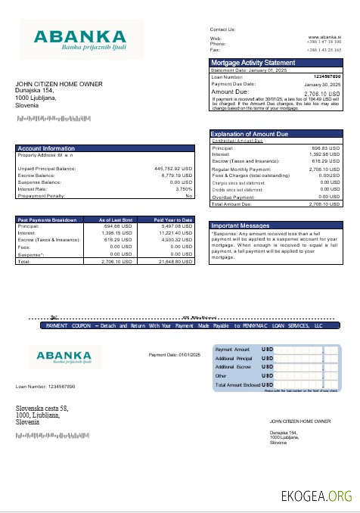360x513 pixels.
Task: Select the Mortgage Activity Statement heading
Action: pos(253,62)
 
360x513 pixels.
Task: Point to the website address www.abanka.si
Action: pos(326,36)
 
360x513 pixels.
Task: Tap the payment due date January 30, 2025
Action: pos(323,84)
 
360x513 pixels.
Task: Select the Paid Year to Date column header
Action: pos(173,219)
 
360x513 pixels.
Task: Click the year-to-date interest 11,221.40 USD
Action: pos(175,233)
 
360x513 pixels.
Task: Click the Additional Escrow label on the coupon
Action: pos(234,366)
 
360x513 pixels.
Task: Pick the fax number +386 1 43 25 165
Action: pos(324,49)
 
